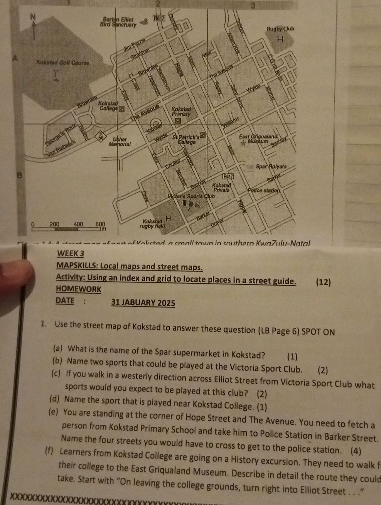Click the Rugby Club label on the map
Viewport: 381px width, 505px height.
(280, 29)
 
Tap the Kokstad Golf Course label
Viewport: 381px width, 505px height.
(63, 62)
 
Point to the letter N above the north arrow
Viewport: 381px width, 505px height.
(34, 17)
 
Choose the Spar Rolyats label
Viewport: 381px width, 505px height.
(271, 167)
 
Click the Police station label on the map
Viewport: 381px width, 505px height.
(263, 190)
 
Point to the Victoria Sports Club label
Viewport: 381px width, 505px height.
(190, 196)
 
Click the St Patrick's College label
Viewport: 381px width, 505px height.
(187, 139)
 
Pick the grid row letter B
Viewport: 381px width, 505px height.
(17, 176)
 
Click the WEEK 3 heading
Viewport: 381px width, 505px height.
(70, 253)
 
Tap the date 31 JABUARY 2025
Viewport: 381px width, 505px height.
(143, 302)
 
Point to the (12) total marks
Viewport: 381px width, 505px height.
(323, 282)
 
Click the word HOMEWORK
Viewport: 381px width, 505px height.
(78, 289)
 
